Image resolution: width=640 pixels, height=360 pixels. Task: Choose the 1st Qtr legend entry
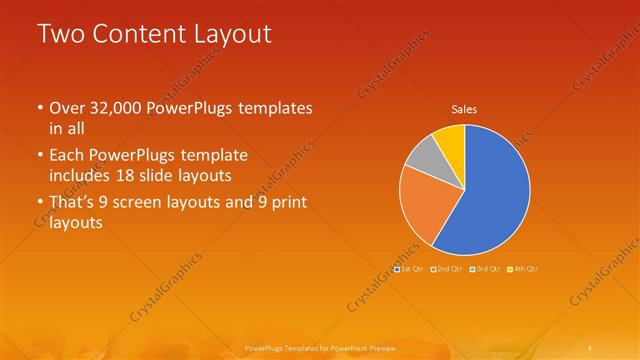(x=409, y=269)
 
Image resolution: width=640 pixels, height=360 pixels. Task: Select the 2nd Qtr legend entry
(x=446, y=269)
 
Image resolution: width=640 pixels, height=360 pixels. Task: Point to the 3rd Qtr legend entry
(x=484, y=269)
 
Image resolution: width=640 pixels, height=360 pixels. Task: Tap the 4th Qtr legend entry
(x=522, y=269)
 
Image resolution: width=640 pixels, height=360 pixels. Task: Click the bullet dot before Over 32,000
(x=39, y=108)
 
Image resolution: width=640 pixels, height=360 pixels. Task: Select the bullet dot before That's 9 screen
(x=39, y=204)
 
